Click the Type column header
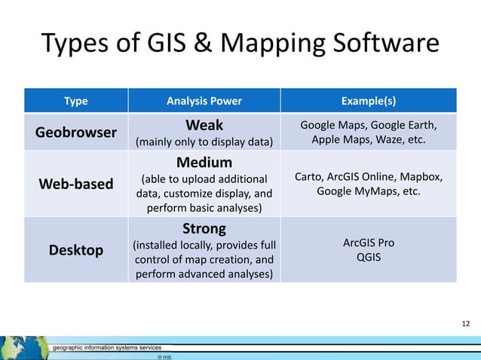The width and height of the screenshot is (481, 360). click(x=75, y=101)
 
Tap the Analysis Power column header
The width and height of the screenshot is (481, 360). click(x=204, y=101)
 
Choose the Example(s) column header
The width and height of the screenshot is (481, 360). click(x=369, y=101)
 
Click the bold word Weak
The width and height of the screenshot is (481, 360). click(x=204, y=124)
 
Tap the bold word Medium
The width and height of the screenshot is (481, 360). click(x=204, y=162)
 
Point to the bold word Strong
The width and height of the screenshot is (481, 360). click(x=204, y=227)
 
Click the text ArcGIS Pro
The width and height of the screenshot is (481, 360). click(x=369, y=243)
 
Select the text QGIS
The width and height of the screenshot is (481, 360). click(x=369, y=257)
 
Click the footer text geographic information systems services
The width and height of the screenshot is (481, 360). click(x=107, y=348)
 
